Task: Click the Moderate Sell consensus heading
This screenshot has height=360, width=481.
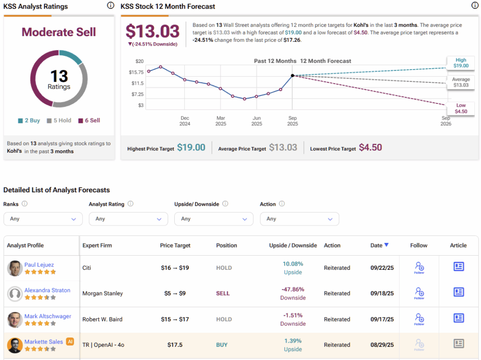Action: click(59, 32)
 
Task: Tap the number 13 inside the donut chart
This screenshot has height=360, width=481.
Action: click(59, 76)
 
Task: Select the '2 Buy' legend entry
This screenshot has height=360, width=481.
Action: click(29, 121)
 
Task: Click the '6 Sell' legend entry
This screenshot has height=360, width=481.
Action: click(89, 121)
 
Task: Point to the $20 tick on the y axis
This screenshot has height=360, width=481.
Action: click(139, 62)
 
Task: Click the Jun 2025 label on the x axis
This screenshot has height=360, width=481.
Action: click(256, 121)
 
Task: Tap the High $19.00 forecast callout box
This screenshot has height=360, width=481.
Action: click(460, 63)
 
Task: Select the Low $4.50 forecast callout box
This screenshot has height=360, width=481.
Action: click(460, 108)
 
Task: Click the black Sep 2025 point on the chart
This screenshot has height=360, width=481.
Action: click(293, 75)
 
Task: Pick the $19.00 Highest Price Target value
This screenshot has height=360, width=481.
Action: click(191, 148)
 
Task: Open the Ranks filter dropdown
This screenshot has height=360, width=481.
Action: click(43, 219)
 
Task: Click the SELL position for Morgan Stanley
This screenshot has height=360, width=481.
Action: click(223, 293)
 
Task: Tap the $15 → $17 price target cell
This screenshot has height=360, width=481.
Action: click(174, 320)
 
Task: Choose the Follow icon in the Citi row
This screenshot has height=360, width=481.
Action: click(419, 267)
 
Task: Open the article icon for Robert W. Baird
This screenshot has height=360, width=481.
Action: click(458, 318)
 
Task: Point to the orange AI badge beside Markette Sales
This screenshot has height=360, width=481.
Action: click(70, 342)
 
